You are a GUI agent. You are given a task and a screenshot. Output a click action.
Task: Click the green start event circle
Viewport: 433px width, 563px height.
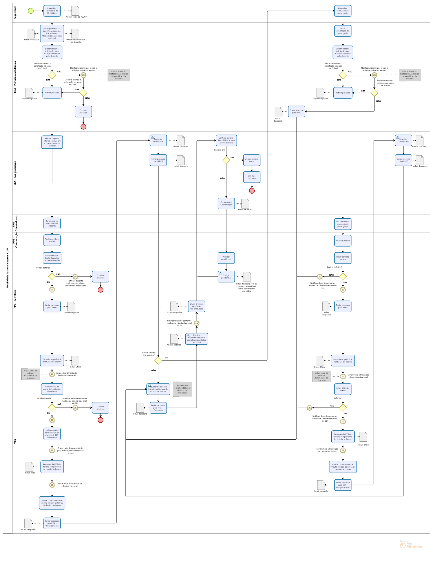coord(31,11)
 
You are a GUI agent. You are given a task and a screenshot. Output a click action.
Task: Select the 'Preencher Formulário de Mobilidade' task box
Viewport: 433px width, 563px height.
coord(52,11)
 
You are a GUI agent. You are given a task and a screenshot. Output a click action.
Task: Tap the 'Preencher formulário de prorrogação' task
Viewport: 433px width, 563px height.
coord(343,11)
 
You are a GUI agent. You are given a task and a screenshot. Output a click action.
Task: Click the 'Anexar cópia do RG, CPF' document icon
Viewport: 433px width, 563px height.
coord(75,11)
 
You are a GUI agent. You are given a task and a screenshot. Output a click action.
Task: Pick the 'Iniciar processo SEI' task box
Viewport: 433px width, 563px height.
coord(52,33)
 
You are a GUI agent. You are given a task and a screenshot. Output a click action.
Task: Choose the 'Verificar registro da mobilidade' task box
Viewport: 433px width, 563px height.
coord(226,141)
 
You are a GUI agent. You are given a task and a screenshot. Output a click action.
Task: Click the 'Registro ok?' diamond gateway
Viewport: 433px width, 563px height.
coord(226,160)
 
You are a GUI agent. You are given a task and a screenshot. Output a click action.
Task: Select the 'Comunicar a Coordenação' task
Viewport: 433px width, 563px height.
coord(226,203)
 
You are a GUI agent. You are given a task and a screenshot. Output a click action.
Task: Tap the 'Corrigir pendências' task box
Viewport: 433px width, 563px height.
coord(226,277)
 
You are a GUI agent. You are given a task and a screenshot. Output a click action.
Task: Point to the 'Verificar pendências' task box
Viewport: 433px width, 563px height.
coord(226,258)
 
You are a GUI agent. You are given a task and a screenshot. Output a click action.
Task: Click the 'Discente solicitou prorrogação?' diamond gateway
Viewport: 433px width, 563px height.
coord(158,360)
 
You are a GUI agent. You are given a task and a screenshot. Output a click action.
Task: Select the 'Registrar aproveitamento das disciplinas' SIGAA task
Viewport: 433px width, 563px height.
coord(196,339)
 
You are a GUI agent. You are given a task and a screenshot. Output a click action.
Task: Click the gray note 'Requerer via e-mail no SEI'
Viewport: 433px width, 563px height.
coord(182,389)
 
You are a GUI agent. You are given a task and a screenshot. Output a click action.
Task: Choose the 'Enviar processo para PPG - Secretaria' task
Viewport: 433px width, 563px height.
coord(158,408)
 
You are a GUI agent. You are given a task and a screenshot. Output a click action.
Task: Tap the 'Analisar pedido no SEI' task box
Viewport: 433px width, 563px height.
coord(52,240)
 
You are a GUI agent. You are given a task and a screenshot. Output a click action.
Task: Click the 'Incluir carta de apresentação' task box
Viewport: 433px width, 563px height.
coord(52,434)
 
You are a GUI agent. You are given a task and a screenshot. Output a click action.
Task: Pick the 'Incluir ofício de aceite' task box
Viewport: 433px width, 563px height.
coord(343,389)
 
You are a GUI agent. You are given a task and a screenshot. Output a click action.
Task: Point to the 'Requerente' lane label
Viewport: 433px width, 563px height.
coord(15,13)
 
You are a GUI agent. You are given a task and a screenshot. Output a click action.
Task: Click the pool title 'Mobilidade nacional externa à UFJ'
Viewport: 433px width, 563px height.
coord(7,268)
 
